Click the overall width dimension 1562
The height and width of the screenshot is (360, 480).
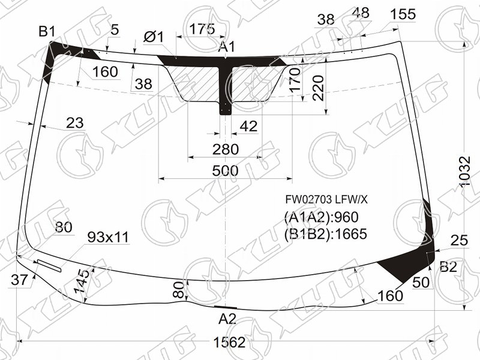coord(229,342)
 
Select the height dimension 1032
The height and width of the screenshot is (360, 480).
coord(464,172)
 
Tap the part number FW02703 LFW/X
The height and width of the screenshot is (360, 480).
coord(326,200)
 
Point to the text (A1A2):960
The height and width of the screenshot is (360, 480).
coord(321,217)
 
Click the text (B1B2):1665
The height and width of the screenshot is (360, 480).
coord(325,234)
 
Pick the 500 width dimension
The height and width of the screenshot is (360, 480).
coord(225,171)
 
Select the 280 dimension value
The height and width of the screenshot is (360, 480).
coord(226,149)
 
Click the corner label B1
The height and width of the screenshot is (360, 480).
coord(47,32)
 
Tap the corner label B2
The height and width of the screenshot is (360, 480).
coord(448,267)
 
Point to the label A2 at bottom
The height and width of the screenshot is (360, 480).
coord(227,319)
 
